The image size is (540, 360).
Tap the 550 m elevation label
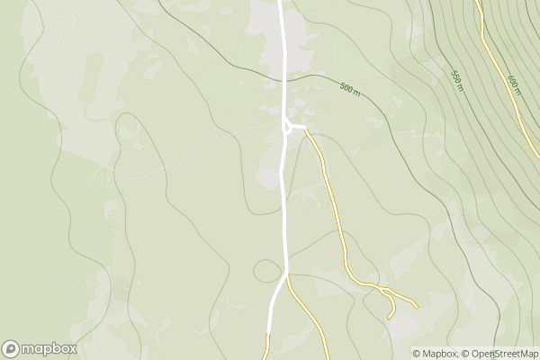click(x=456, y=80)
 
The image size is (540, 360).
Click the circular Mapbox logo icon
click(x=11, y=348)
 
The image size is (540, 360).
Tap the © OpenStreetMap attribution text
click(x=500, y=354)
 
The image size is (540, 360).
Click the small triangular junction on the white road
click(x=287, y=127)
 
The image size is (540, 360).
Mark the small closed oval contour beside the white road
click(x=267, y=270)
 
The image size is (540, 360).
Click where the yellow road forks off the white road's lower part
click(x=287, y=276)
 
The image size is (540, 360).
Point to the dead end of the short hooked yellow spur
click(x=389, y=317)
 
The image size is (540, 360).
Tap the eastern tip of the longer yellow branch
click(x=417, y=306)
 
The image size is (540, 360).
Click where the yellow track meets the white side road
click(x=307, y=130)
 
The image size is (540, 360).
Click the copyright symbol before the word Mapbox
click(x=417, y=354)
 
